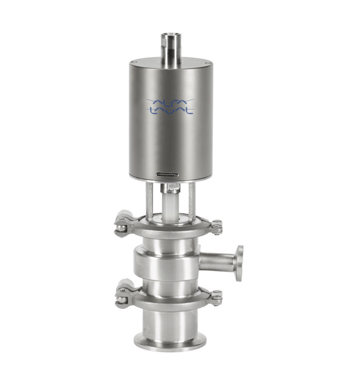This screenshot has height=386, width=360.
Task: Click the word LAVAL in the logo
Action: [171, 111]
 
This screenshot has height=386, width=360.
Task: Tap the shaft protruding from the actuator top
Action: [171, 50]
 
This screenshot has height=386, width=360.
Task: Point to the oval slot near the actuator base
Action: [167, 175]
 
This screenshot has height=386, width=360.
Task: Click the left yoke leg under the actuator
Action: [149, 201]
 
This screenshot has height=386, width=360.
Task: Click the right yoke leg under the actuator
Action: [192, 201]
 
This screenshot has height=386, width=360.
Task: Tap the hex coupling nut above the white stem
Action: [170, 188]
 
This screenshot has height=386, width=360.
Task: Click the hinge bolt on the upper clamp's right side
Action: [217, 227]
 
